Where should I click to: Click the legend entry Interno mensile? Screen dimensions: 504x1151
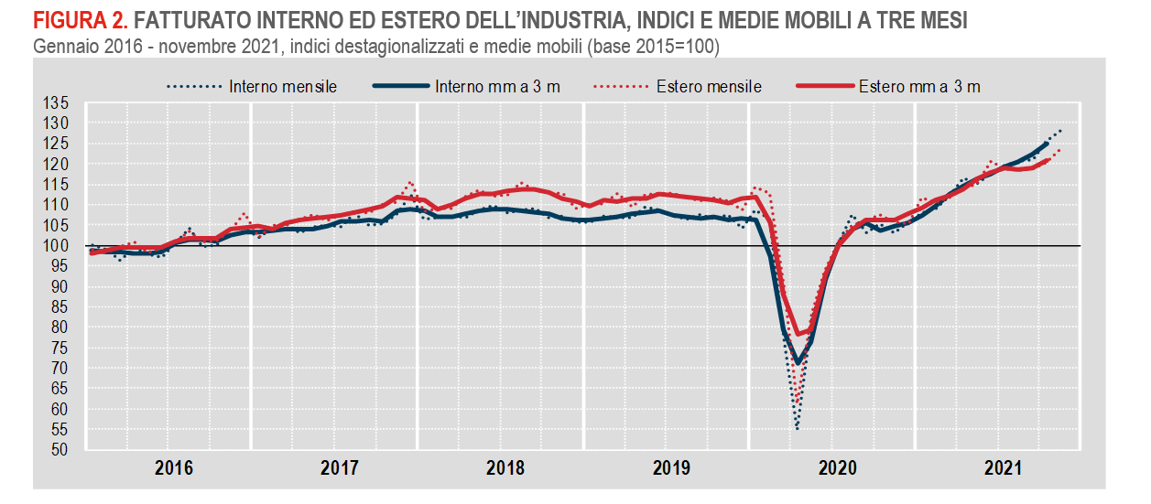(283, 87)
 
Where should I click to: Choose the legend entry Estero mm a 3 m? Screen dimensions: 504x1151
(919, 87)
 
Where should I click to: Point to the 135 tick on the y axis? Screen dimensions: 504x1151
(57, 102)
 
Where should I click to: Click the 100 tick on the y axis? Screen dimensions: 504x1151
(57, 246)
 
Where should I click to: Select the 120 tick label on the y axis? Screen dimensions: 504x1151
(57, 164)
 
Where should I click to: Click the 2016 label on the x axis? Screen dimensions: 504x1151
(173, 468)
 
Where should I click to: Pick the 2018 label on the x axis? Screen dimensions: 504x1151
(505, 468)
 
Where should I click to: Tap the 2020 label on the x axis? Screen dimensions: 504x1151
(836, 468)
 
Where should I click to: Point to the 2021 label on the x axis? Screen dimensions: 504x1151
(1002, 468)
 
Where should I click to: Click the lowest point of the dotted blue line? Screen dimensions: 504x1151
(797, 428)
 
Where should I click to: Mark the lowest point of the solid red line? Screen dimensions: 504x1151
(797, 335)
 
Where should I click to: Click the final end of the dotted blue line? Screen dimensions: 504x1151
(1061, 130)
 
